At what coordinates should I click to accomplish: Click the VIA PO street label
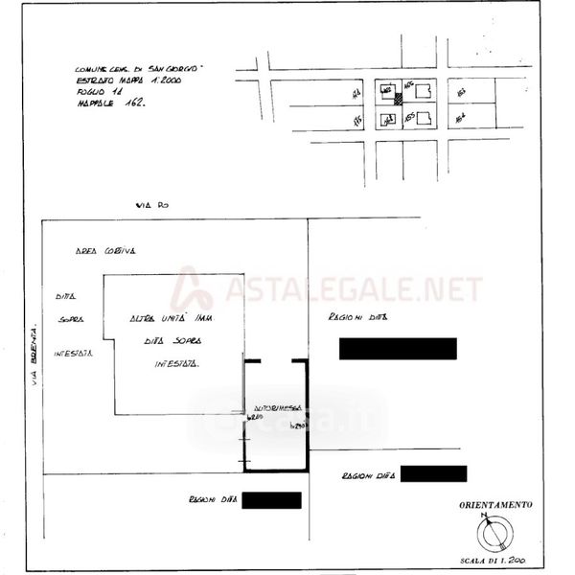[152, 205]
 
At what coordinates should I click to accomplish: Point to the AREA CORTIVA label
[105, 250]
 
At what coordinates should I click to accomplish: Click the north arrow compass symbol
[495, 529]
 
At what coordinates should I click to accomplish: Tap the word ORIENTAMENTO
[496, 503]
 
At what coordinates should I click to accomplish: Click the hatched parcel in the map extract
[398, 100]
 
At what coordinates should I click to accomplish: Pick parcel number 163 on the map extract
[461, 92]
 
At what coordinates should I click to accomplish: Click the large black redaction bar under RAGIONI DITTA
[398, 349]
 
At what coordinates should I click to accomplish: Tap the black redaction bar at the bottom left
[272, 500]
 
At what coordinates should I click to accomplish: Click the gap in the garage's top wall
[276, 361]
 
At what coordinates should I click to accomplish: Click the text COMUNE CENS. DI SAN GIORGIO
[139, 70]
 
